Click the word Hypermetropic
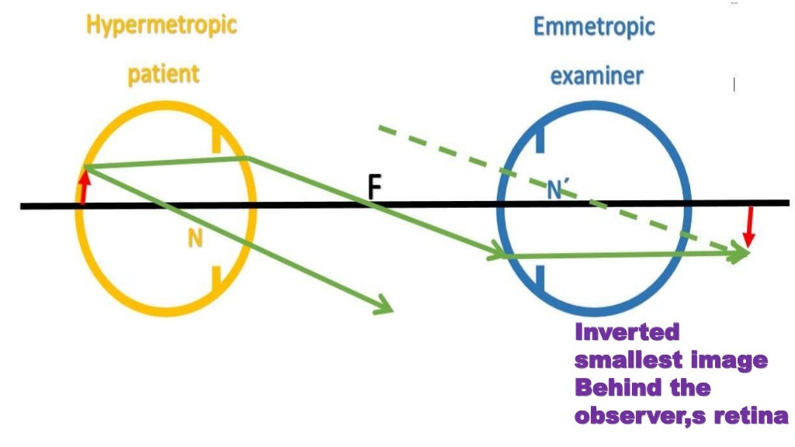[x=161, y=26]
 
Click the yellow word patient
[x=163, y=75]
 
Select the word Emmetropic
[x=594, y=27]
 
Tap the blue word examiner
[x=596, y=77]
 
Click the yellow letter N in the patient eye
[x=195, y=240]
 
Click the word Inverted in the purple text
[x=627, y=333]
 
